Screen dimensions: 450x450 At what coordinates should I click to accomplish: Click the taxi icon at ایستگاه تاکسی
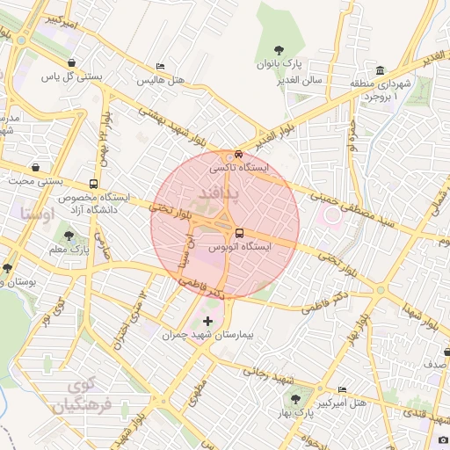point(239,154)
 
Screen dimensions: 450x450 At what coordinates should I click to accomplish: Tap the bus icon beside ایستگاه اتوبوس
point(239,233)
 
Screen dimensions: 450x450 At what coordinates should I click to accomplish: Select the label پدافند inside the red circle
point(225,190)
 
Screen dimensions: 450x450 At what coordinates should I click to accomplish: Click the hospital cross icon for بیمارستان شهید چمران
point(207,321)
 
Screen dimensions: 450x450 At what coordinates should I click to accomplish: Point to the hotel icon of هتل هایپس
point(159,67)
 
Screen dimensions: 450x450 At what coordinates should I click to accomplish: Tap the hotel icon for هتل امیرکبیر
point(342,389)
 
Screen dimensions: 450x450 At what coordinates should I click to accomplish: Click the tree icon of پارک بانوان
point(279,50)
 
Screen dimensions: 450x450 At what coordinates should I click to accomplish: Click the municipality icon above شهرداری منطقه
point(380,70)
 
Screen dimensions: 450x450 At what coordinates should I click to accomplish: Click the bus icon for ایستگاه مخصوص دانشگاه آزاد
point(93,185)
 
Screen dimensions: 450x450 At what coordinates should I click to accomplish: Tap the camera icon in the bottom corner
point(442,439)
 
